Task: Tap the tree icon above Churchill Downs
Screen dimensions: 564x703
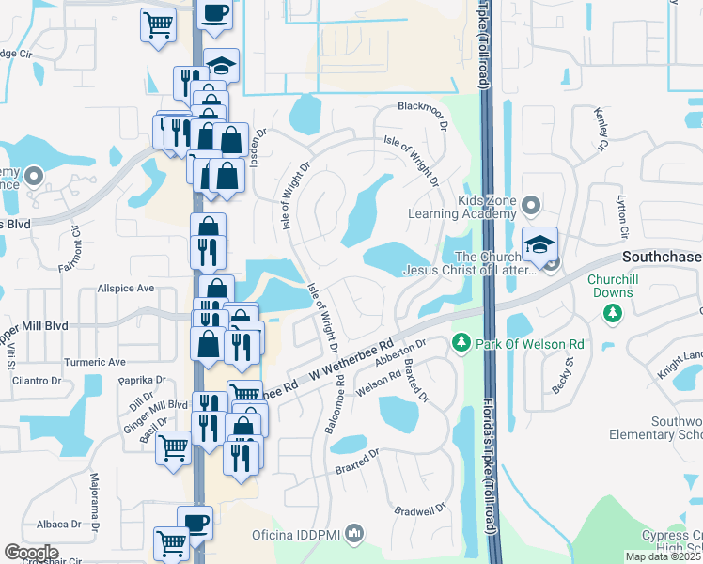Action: pyautogui.click(x=614, y=311)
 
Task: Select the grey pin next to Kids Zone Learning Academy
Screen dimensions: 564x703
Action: pyautogui.click(x=532, y=204)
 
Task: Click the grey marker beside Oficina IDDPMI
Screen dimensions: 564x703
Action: pyautogui.click(x=354, y=535)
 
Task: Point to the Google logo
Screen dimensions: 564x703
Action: pyautogui.click(x=31, y=553)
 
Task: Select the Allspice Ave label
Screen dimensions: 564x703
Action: pyautogui.click(x=124, y=289)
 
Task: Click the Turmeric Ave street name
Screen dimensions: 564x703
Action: pyautogui.click(x=94, y=362)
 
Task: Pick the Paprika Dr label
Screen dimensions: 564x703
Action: pyautogui.click(x=141, y=381)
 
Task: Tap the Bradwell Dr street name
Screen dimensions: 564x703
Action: pyautogui.click(x=420, y=511)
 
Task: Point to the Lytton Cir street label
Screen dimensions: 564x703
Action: pyautogui.click(x=621, y=217)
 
